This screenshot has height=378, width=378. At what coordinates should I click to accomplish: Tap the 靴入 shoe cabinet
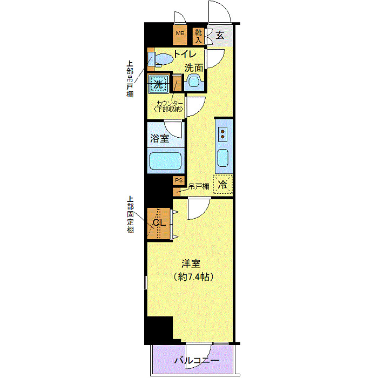[198, 36]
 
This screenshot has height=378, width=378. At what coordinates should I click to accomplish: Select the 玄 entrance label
[220, 36]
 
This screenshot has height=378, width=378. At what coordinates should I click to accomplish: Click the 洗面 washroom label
[194, 68]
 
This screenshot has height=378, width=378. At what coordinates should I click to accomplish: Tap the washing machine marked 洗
[159, 84]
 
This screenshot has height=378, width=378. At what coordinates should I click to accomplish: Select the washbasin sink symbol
[193, 83]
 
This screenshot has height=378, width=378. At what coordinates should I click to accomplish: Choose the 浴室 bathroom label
[159, 138]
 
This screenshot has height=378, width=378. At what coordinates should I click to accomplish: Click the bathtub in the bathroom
[165, 161]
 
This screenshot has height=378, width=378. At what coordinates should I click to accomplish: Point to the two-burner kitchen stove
[223, 135]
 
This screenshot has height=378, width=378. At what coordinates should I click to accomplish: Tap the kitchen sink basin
[223, 159]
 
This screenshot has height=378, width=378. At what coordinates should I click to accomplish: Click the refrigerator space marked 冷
[222, 184]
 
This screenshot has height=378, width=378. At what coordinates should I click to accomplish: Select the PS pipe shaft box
[178, 181]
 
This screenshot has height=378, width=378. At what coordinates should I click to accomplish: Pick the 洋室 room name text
[191, 264]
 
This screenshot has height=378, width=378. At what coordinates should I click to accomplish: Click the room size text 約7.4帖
[191, 277]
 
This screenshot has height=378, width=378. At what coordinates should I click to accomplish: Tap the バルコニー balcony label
[197, 360]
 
